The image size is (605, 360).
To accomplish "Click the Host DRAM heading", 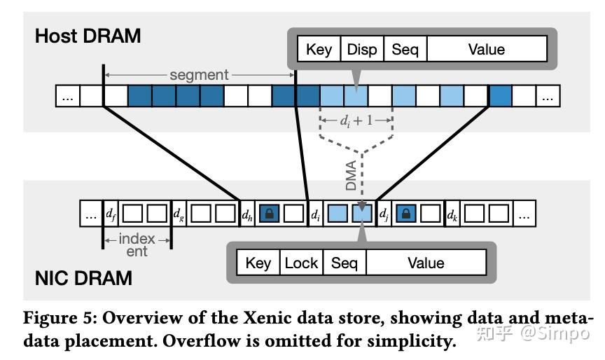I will [x=88, y=36].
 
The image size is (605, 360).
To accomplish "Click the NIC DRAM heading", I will [x=83, y=278].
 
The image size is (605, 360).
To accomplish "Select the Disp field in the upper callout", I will [x=361, y=50].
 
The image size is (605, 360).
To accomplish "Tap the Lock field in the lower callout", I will [x=301, y=263].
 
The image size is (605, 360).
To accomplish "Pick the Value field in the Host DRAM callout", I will [x=486, y=50].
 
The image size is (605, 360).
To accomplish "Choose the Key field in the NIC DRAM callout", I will [x=258, y=263].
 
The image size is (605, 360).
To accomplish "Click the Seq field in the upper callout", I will [x=405, y=50].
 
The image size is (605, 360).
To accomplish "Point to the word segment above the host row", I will [x=200, y=74].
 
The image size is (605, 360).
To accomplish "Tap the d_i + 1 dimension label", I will [x=356, y=120].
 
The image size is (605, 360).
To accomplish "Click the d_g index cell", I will [x=179, y=213].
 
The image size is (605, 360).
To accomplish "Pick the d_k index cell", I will [x=452, y=213].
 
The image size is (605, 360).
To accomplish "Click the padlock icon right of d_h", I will [x=270, y=213].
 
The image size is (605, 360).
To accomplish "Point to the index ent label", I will [x=137, y=245].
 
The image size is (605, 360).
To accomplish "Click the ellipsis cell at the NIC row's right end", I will [x=524, y=213].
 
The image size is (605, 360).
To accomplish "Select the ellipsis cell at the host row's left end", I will [x=67, y=96].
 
